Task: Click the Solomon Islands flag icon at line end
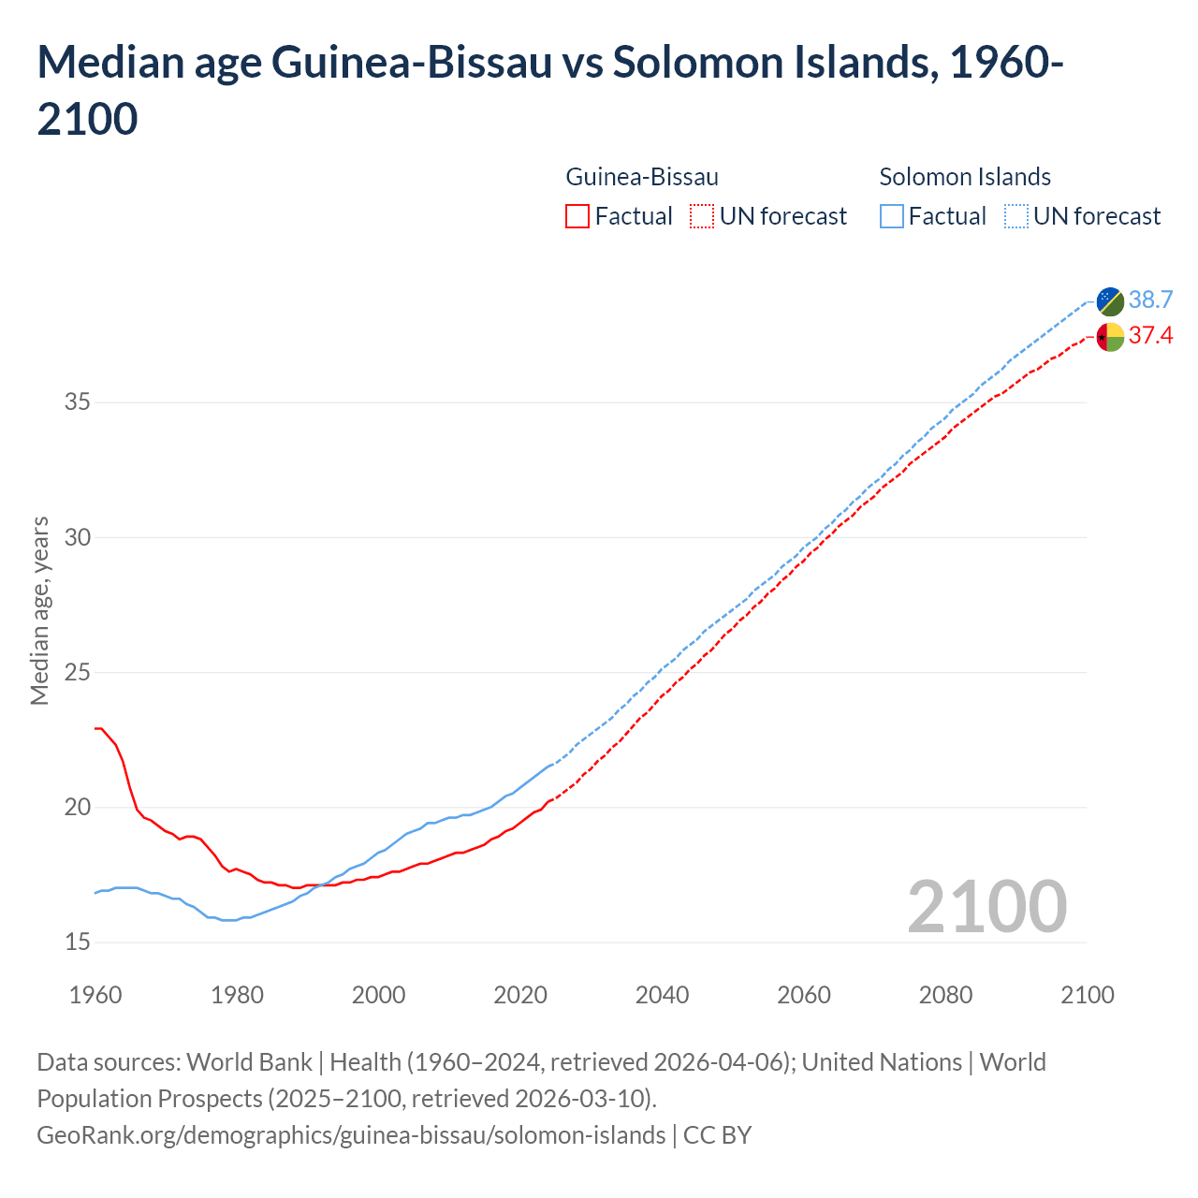pos(1110,300)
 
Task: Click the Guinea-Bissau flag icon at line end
pos(1110,336)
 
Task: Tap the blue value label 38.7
pos(1150,299)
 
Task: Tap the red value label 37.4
pos(1150,335)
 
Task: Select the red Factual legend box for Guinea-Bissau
pos(577,216)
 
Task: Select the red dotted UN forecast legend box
pos(702,216)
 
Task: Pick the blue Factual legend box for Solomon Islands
pos(892,216)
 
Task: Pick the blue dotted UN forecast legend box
pos(1015,216)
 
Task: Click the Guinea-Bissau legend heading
pos(642,177)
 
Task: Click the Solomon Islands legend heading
pos(965,177)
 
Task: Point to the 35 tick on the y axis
pos(78,402)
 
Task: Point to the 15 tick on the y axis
pos(78,942)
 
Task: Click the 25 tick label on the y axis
pos(78,672)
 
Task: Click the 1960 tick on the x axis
pos(95,994)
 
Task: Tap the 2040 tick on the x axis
pos(662,994)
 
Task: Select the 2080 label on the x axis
pos(945,994)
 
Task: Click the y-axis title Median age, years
pos(39,610)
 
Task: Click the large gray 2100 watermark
pos(986,906)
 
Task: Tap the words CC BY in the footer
pos(717,1135)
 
